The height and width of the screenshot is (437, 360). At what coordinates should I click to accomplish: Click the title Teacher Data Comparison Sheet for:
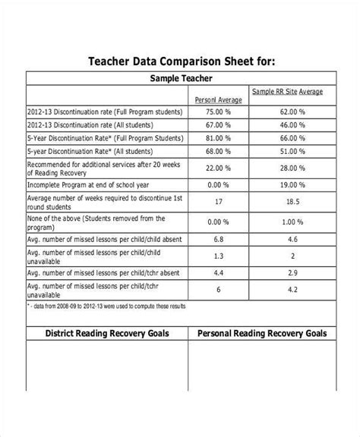(179, 61)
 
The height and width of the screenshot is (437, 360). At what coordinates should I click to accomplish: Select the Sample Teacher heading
(181, 78)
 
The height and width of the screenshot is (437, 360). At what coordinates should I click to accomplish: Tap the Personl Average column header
(218, 99)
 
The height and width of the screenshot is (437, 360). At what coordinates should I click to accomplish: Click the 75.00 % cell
(218, 111)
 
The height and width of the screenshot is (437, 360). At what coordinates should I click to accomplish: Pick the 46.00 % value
(292, 124)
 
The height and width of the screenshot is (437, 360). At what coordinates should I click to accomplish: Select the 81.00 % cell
(218, 138)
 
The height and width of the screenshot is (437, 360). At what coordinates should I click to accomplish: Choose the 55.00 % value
(292, 152)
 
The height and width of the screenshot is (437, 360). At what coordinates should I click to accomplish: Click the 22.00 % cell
(218, 168)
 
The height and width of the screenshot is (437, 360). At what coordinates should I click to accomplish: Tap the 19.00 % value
(292, 184)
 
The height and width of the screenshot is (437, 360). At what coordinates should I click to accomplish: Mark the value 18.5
(292, 203)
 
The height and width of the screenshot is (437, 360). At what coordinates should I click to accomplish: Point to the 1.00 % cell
(292, 222)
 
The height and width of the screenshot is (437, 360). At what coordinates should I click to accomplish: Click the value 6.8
(218, 240)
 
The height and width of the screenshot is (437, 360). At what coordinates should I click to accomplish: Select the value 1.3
(218, 256)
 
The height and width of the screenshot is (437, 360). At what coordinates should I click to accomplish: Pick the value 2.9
(292, 272)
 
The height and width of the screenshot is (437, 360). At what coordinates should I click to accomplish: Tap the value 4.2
(292, 289)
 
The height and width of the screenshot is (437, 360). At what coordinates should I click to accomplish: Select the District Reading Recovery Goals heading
(107, 333)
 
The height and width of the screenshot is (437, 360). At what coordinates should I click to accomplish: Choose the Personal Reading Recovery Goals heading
(262, 333)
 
